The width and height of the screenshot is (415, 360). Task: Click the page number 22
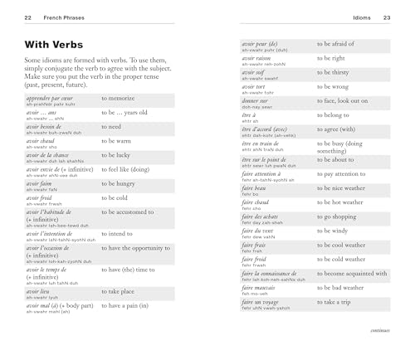[x=27, y=16]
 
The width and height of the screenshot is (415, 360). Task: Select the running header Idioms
[x=362, y=16]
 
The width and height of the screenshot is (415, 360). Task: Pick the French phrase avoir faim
[x=40, y=186]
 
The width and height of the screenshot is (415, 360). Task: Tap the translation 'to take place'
[x=123, y=292]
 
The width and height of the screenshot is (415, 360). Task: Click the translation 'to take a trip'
[x=339, y=301]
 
